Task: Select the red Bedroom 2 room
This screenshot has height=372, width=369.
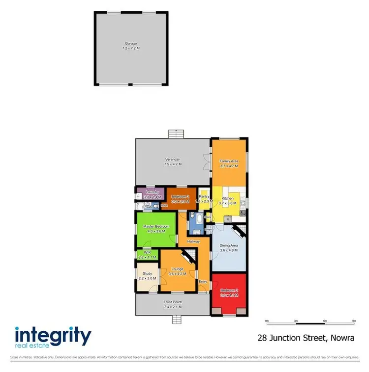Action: [229, 294]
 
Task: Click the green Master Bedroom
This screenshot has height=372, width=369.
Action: [156, 229]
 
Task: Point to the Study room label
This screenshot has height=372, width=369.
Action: [148, 274]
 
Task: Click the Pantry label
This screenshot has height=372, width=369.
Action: [204, 196]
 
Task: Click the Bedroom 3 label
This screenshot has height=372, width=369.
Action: [181, 197]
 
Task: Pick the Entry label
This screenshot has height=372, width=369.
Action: [203, 281]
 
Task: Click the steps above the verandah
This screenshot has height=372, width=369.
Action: [175, 134]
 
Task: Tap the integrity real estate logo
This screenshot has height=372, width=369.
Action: [53, 338]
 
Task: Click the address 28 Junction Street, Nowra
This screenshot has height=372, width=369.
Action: [306, 338]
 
